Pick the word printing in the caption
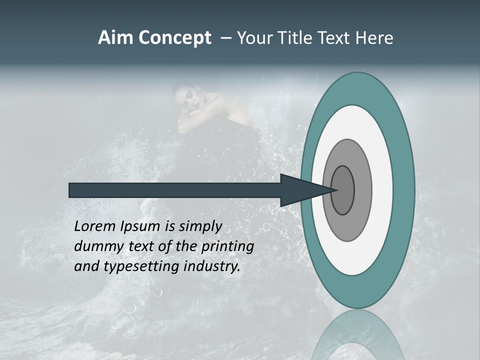point(227,247)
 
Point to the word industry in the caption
point(212,266)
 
